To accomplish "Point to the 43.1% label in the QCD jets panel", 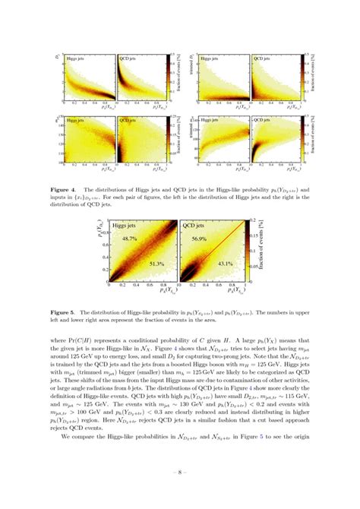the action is click(x=225, y=264).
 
